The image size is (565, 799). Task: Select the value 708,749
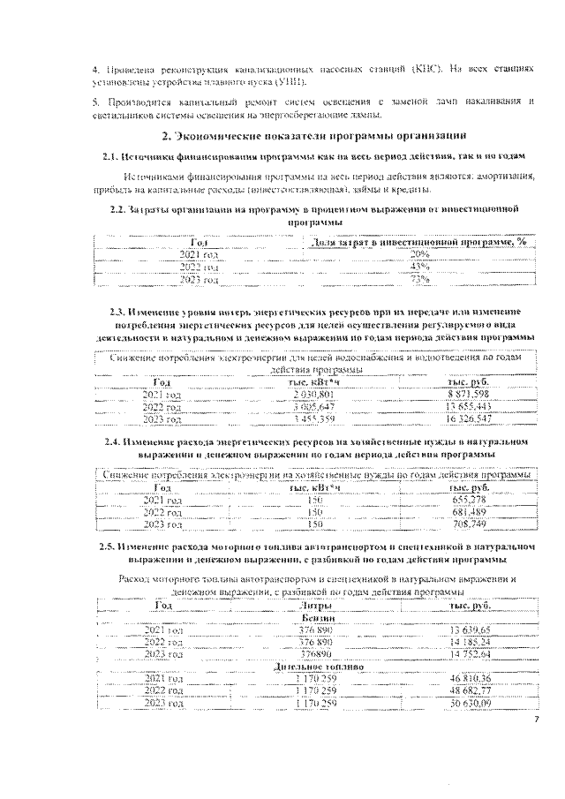pyautogui.click(x=469, y=524)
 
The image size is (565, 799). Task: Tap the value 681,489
pyautogui.click(x=469, y=512)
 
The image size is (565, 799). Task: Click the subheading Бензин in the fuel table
pyautogui.click(x=315, y=619)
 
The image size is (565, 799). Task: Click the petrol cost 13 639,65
pyautogui.click(x=469, y=631)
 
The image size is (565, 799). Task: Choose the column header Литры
pyautogui.click(x=315, y=607)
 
